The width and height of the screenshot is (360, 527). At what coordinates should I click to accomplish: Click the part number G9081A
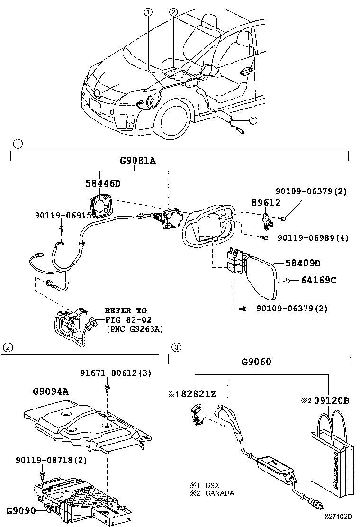137,161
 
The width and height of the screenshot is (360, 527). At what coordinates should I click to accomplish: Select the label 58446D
103,183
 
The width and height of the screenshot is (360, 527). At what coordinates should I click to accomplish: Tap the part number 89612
265,202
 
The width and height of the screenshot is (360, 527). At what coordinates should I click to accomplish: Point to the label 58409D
303,263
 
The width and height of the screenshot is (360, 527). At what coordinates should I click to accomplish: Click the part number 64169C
318,280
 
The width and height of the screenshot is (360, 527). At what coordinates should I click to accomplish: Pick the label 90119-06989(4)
313,238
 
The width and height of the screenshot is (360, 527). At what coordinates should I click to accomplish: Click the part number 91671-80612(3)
116,373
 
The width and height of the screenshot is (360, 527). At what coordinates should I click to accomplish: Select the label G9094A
51,391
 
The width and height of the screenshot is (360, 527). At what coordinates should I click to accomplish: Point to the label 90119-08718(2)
51,460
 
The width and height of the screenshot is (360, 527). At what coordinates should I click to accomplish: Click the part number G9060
256,363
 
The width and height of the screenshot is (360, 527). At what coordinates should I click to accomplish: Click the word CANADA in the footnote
219,493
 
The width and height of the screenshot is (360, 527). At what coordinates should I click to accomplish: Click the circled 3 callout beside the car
253,120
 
